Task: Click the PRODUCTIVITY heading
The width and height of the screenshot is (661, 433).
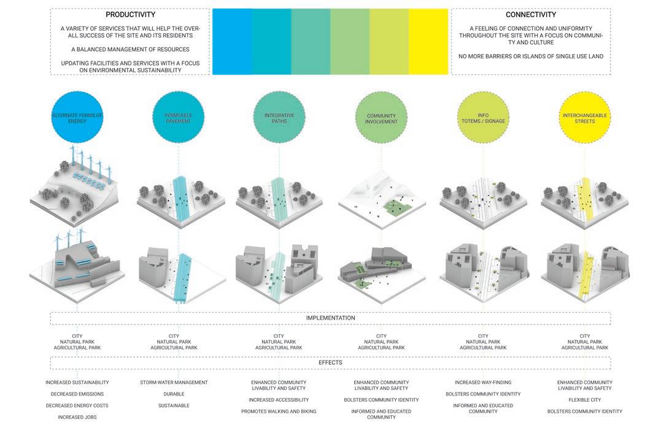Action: (130, 14)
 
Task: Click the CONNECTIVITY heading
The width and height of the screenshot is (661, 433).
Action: (531, 14)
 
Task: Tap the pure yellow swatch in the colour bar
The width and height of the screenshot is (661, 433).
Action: (428, 42)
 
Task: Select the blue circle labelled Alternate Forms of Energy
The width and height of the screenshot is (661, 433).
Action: (77, 118)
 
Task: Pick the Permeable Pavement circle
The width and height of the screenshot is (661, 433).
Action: (179, 118)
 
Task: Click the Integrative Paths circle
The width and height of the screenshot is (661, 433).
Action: (279, 118)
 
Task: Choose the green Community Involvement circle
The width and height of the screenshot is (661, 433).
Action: (381, 118)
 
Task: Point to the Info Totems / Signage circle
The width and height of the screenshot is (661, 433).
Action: (483, 118)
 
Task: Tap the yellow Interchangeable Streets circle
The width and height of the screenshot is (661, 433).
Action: (585, 118)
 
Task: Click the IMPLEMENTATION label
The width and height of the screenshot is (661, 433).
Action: (330, 318)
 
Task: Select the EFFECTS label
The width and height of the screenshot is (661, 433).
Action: (330, 362)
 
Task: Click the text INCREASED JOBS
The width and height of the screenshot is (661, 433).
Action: (77, 417)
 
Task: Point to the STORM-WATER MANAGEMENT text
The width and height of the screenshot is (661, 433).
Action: (174, 383)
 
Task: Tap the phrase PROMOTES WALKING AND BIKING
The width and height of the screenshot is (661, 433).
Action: (279, 411)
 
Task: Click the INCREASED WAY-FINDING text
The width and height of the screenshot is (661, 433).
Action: (483, 383)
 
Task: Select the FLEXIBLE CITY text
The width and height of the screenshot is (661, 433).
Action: (585, 400)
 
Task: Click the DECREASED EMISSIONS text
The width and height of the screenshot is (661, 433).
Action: (77, 394)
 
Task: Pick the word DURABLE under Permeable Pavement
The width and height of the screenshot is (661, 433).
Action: (174, 394)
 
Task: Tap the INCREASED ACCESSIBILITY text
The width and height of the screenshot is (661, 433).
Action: (279, 400)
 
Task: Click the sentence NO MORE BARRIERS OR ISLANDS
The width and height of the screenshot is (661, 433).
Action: (531, 56)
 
